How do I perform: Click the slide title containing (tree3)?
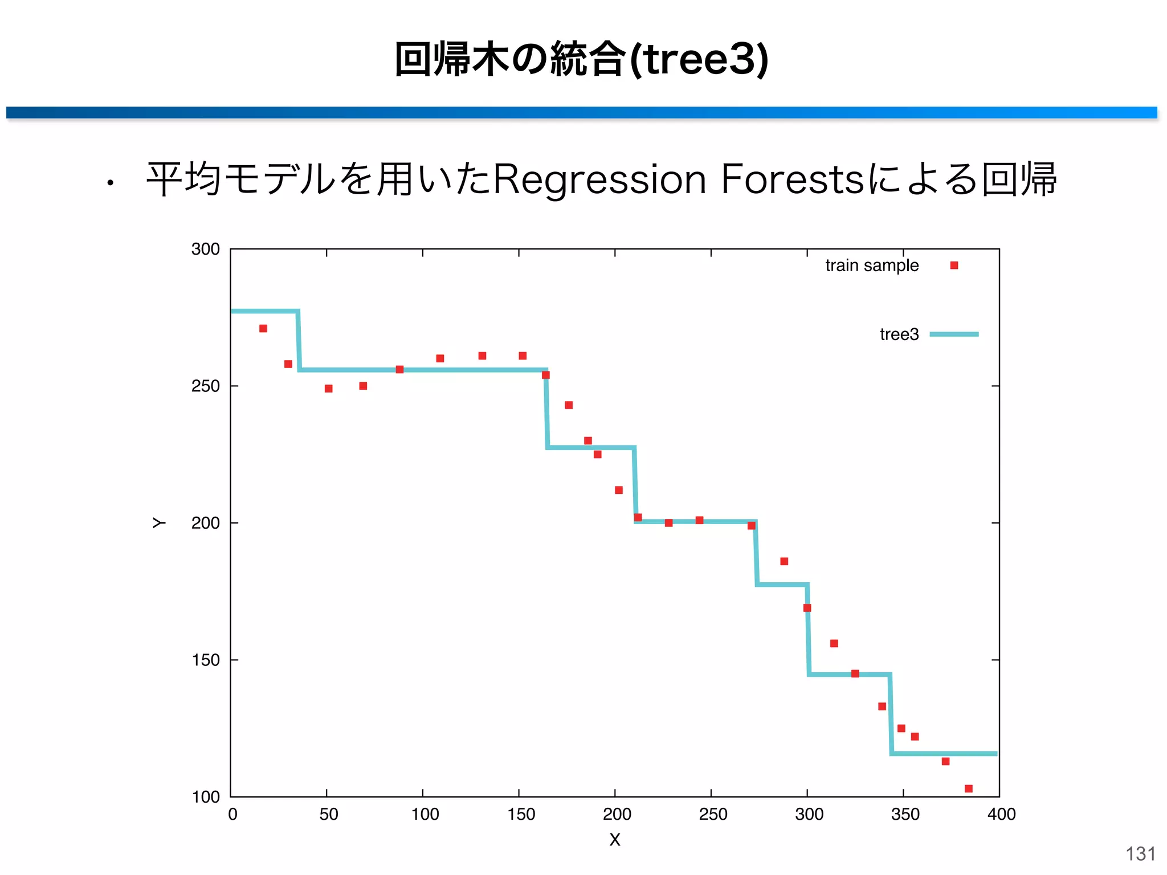pos(581,59)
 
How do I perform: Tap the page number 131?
pos(1140,854)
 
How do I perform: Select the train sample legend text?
pos(871,265)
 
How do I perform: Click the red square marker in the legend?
pos(954,265)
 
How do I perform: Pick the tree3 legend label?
pos(899,334)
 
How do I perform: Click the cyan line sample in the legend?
pos(954,334)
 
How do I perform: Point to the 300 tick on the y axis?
pos(205,249)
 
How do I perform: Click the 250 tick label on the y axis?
pos(205,386)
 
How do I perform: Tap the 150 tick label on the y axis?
pos(205,660)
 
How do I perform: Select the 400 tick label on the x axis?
pos(1001,814)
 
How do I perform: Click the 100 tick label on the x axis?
pos(425,814)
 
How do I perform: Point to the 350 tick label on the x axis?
pos(905,814)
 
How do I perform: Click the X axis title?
pos(614,840)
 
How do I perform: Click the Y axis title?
pos(159,523)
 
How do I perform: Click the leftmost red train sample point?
pos(263,329)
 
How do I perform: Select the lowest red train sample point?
pos(968,788)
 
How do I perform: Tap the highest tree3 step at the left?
pos(264,312)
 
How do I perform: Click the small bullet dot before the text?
pos(111,183)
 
